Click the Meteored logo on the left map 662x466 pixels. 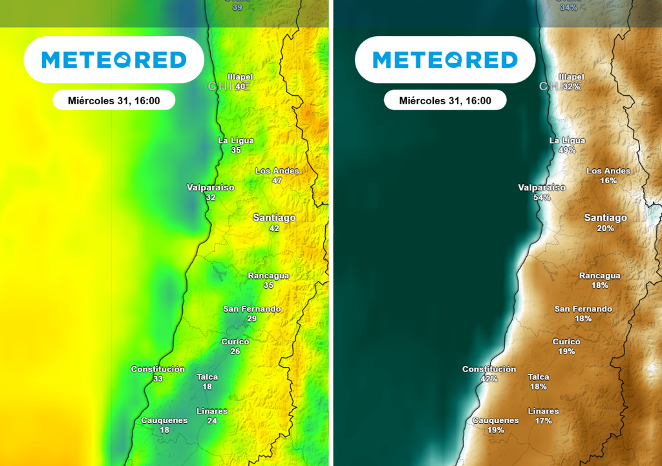[114, 60]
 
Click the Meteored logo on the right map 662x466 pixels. [445, 60]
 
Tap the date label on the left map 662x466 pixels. [114, 101]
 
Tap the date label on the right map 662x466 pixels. [445, 101]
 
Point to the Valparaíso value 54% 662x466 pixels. [542, 197]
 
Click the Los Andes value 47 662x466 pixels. [277, 181]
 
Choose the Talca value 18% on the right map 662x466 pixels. [538, 386]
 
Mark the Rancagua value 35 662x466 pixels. [268, 285]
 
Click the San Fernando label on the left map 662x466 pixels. [252, 309]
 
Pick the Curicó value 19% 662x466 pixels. [566, 351]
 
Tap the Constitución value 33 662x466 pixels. [158, 379]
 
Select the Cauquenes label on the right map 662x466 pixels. [495, 420]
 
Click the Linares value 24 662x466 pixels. [212, 421]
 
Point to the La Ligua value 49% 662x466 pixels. [567, 150]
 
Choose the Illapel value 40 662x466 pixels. [240, 87]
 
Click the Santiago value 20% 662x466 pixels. [605, 228]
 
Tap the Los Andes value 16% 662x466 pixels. [608, 181]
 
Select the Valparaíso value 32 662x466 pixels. [210, 197]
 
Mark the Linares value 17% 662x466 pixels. [543, 421]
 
